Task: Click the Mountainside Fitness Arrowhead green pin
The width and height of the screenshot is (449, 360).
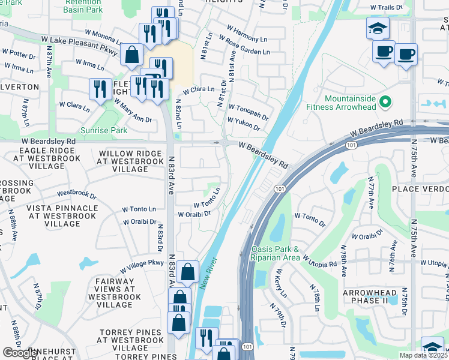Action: tap(385, 103)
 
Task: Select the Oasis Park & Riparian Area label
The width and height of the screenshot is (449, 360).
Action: tap(275, 253)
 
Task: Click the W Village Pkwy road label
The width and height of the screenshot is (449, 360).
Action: tap(142, 266)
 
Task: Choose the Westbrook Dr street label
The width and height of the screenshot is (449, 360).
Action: tap(77, 194)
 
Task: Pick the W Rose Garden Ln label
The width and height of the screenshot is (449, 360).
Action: tap(244, 46)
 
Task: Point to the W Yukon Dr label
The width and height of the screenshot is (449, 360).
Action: tap(244, 124)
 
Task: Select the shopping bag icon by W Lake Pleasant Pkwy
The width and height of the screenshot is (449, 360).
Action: tap(131, 55)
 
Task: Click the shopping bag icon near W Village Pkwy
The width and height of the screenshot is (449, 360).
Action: tap(188, 272)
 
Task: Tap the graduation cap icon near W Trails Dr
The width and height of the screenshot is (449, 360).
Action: tap(378, 28)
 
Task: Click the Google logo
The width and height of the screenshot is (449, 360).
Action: tap(20, 353)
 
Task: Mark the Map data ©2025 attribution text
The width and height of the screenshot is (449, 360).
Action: tap(423, 355)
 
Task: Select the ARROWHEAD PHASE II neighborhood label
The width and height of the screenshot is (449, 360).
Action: tap(370, 296)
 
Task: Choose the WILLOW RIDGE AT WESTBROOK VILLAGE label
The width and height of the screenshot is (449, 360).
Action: tap(130, 161)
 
